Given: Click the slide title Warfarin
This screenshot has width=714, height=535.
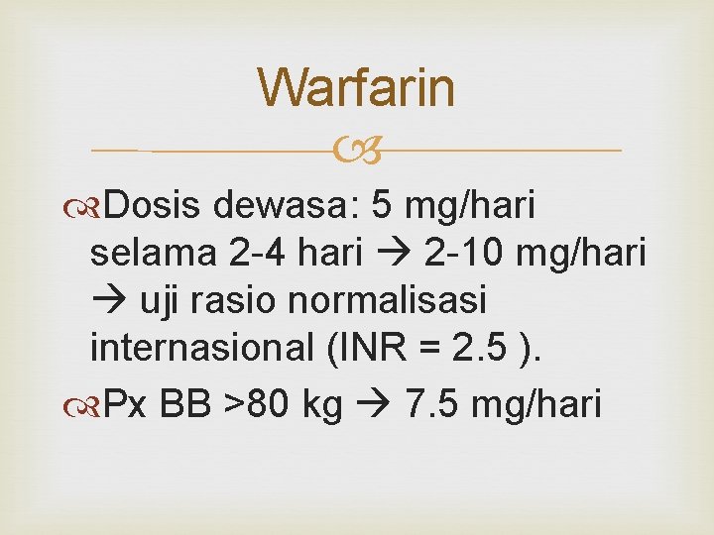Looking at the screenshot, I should [x=357, y=87].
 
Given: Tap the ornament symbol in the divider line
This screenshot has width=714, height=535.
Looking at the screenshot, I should [x=357, y=152].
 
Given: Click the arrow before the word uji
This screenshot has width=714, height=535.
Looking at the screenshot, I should [x=105, y=301].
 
